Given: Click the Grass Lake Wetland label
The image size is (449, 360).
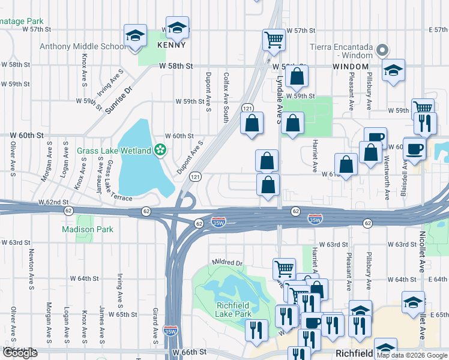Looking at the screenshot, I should coord(113,150).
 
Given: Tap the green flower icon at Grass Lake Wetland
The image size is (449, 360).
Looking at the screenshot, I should coord(160,150).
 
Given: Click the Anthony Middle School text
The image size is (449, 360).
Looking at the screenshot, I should coord(82,46).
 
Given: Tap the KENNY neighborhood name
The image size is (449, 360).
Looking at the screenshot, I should coord(171,45).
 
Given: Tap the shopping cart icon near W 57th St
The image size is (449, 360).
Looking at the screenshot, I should coord(274,40).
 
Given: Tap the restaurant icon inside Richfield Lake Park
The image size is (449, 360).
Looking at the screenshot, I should coord(257,330).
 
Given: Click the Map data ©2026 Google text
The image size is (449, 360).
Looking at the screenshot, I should coord(412,355).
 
